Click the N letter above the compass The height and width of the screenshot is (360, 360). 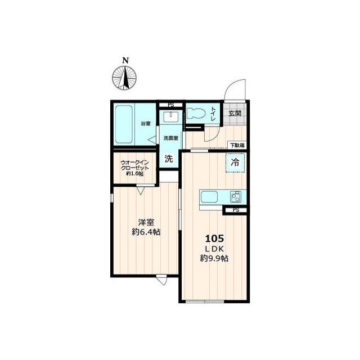click(125, 61)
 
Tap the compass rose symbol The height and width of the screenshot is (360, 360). click(124, 78)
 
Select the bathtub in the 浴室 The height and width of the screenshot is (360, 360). click(124, 124)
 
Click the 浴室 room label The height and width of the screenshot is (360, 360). click(146, 124)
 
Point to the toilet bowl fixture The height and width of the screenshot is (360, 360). click(196, 113)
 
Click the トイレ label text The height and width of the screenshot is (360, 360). click(213, 114)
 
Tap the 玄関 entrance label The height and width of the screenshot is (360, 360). click(235, 113)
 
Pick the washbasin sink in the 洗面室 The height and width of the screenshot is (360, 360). click(171, 117)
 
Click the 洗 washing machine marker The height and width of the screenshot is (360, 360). click(169, 159)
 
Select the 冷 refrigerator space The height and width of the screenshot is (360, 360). click(235, 163)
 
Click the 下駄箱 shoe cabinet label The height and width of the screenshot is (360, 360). click(237, 145)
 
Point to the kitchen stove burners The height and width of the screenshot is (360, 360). click(236, 197)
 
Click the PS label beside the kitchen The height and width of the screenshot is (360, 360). click(236, 210)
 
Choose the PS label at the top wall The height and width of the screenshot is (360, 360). click(171, 105)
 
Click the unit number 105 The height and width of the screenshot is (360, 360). click(214, 238)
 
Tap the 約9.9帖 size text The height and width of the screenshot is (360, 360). click(214, 259)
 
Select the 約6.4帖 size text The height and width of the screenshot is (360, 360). click(146, 232)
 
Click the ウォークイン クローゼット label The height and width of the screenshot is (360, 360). click(135, 165)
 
